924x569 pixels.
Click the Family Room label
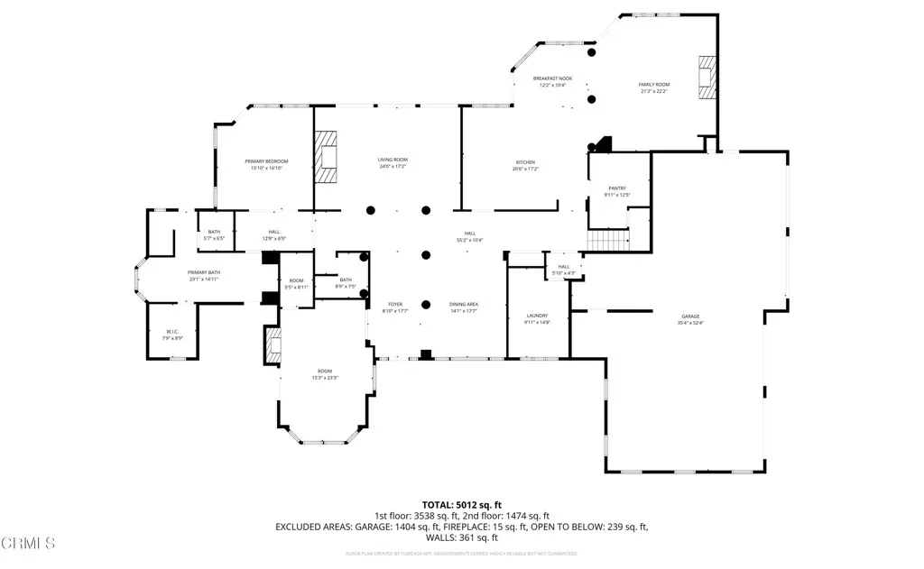click(654, 87)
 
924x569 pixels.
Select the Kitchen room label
click(525, 165)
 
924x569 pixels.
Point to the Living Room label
click(393, 163)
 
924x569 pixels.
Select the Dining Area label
click(464, 307)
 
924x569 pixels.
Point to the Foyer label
click(396, 307)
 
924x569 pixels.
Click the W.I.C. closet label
click(172, 335)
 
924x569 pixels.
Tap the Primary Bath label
click(204, 276)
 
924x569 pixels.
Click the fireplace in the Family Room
click(707, 78)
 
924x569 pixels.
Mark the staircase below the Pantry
click(607, 241)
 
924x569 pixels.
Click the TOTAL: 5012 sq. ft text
click(462, 504)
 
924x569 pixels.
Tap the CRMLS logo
click(28, 543)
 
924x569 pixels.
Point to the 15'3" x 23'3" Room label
click(326, 374)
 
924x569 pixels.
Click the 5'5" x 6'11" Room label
click(297, 283)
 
